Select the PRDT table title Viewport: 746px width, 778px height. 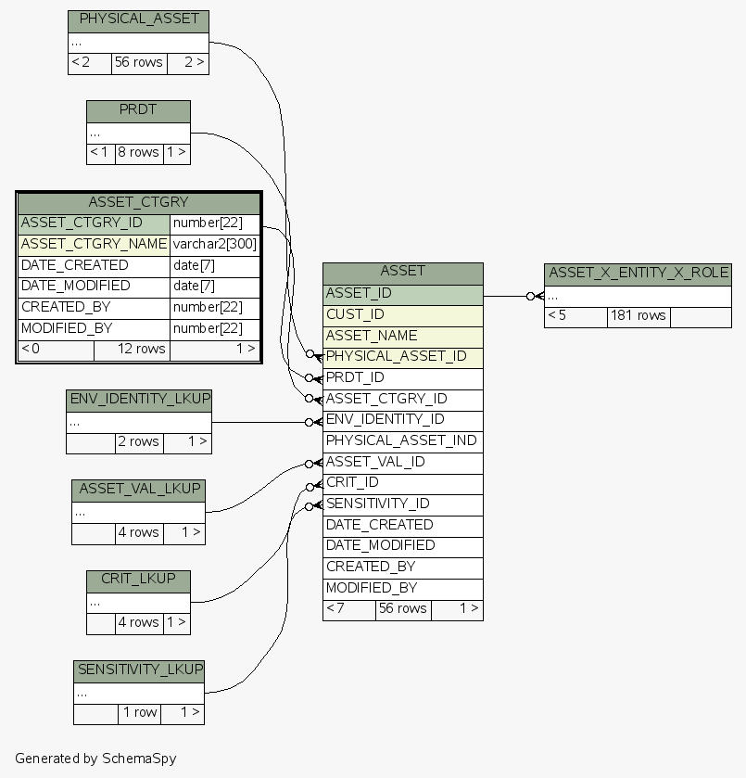point(138,110)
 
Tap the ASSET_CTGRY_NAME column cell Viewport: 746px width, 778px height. point(94,244)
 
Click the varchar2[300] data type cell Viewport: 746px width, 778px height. point(215,244)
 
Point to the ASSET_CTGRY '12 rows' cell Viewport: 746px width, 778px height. point(132,349)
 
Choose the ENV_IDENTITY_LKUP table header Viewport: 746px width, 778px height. point(139,400)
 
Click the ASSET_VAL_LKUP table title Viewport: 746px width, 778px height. point(138,489)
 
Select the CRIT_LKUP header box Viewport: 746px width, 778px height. point(138,580)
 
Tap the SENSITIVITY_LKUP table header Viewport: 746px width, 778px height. point(139,670)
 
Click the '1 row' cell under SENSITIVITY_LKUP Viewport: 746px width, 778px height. point(139,713)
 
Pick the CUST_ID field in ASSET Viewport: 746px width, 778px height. point(403,314)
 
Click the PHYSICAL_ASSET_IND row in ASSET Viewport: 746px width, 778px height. point(403,440)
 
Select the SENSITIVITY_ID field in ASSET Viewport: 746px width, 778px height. point(403,504)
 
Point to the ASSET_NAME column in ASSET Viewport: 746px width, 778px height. point(403,336)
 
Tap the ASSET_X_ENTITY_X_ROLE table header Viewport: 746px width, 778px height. point(638,273)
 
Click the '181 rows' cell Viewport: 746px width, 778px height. point(638,315)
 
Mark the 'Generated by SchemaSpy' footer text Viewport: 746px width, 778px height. point(95,758)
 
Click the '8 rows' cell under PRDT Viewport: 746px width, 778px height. point(138,152)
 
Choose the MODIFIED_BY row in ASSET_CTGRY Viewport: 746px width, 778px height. point(94,328)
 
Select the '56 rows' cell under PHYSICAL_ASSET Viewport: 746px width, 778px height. point(138,62)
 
